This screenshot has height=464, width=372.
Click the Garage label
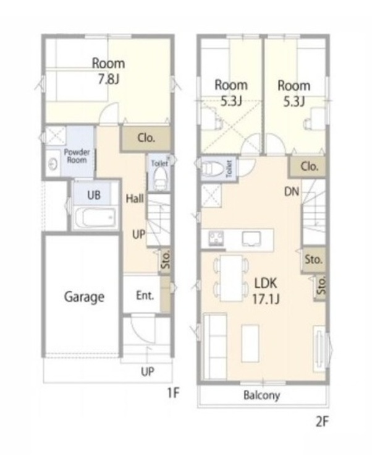pyautogui.click(x=84, y=297)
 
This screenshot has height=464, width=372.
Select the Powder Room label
pyautogui.click(x=77, y=156)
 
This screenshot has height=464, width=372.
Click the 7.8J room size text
pyautogui.click(x=109, y=79)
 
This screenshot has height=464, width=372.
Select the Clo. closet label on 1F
pyautogui.click(x=146, y=137)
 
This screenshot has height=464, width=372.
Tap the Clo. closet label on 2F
pyautogui.click(x=310, y=166)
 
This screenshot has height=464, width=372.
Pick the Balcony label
pyautogui.click(x=261, y=395)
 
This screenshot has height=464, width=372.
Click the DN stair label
pyautogui.click(x=292, y=192)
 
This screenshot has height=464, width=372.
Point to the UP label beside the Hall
pyautogui.click(x=138, y=234)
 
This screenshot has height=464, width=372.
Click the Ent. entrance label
pyautogui.click(x=145, y=295)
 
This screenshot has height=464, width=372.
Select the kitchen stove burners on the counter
pyautogui.click(x=216, y=238)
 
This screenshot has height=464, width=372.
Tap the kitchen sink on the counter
pyautogui.click(x=251, y=239)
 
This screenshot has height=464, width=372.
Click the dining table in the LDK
pyautogui.click(x=231, y=278)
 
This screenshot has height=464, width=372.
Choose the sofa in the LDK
pyautogui.click(x=215, y=346)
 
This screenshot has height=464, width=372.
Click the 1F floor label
pyautogui.click(x=173, y=393)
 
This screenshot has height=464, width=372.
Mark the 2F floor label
pyautogui.click(x=322, y=422)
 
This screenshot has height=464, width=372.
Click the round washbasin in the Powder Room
pyautogui.click(x=53, y=164)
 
